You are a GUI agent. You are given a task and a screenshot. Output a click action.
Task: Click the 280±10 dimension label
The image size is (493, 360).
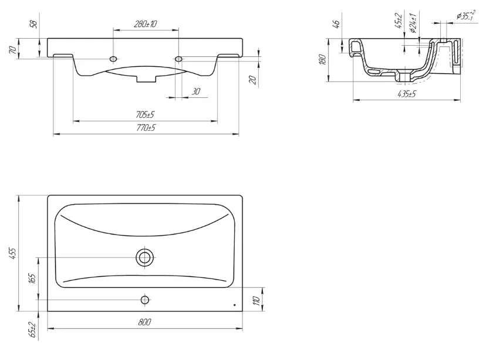(x=146, y=24)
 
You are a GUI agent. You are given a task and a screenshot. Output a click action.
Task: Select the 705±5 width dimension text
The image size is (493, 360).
(x=145, y=115)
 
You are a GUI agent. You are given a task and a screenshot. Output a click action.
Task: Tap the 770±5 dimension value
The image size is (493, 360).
(x=146, y=128)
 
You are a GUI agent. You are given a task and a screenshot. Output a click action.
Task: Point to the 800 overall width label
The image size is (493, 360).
(x=144, y=322)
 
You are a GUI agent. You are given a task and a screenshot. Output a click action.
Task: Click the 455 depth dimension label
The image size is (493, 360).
(x=13, y=253)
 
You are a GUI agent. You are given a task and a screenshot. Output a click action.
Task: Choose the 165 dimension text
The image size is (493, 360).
(x=32, y=279)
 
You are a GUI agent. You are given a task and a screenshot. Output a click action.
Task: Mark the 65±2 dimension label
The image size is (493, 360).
(x=32, y=330)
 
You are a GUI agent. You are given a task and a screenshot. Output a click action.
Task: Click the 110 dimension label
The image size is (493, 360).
(x=257, y=301)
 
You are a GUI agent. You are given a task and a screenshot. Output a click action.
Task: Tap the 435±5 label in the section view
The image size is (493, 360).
(x=407, y=94)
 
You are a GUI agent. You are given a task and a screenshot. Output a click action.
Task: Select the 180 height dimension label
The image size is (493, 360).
(x=323, y=59)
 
